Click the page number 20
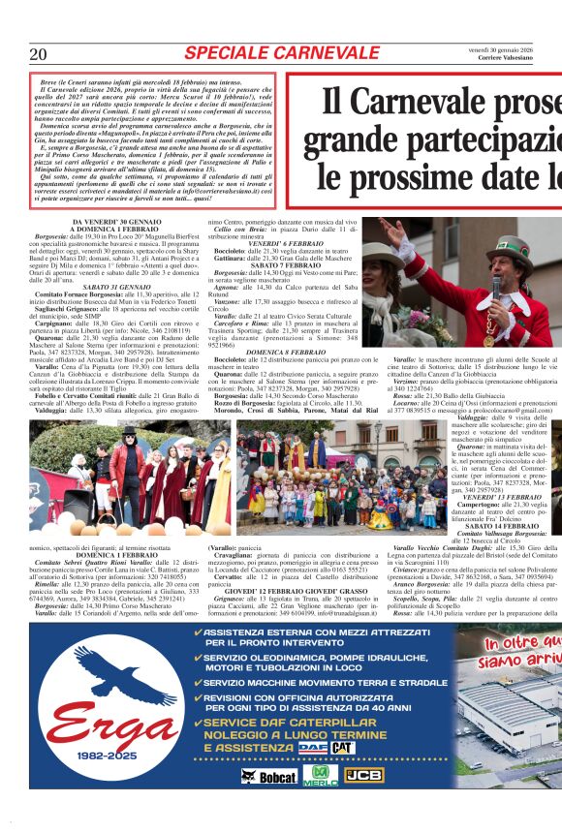(39, 54)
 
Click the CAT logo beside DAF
(343, 747)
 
